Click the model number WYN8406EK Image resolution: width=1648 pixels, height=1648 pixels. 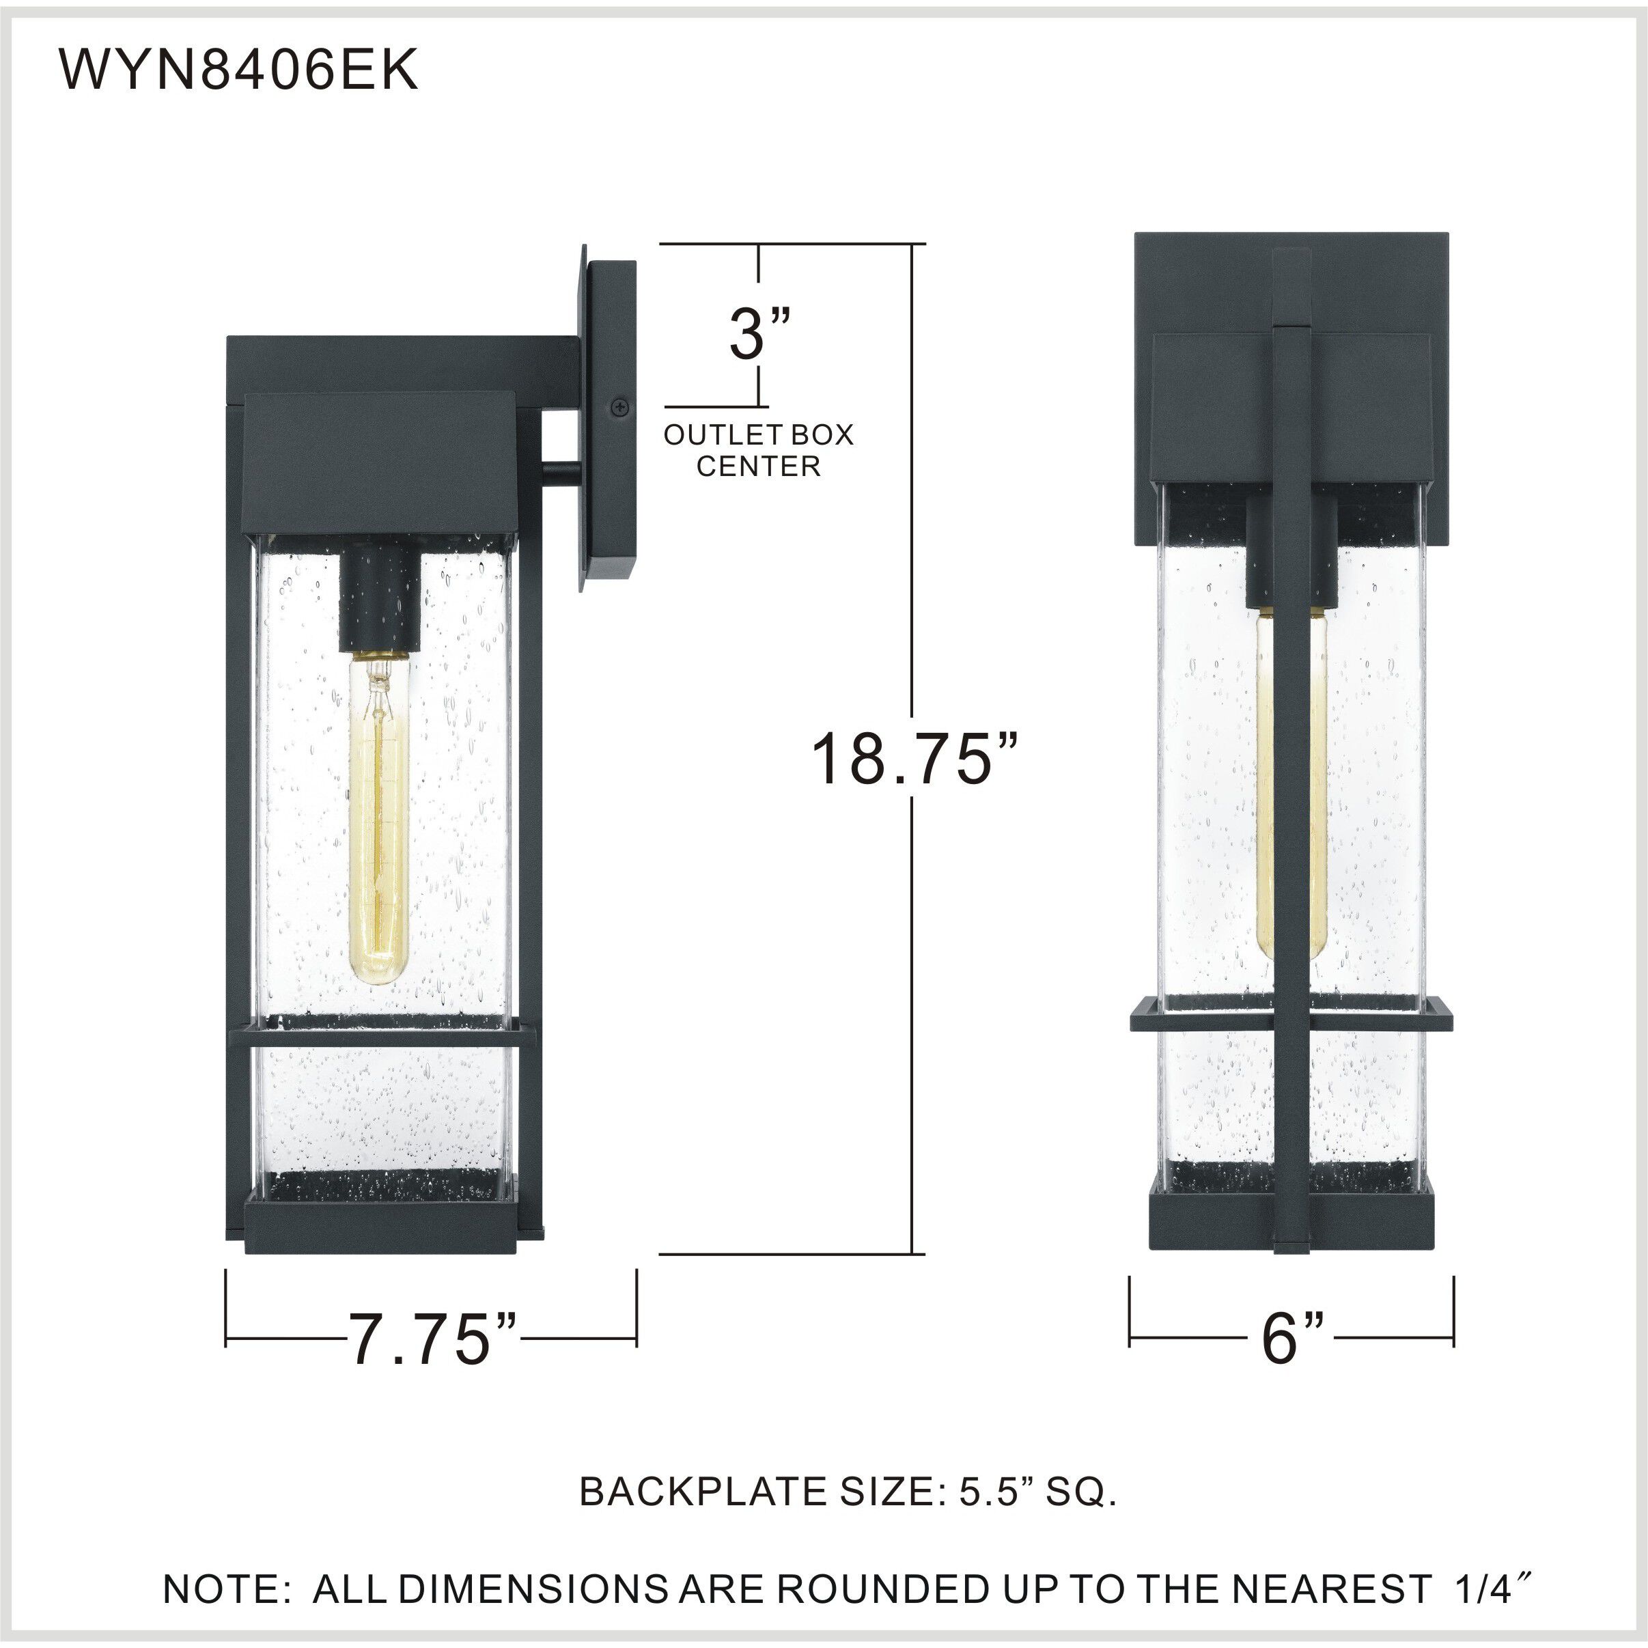click(238, 71)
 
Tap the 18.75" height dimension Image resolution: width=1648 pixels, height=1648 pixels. click(915, 757)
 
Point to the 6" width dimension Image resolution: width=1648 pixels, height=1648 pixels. click(1292, 1363)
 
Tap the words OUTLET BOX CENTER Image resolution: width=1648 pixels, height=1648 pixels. click(758, 450)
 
